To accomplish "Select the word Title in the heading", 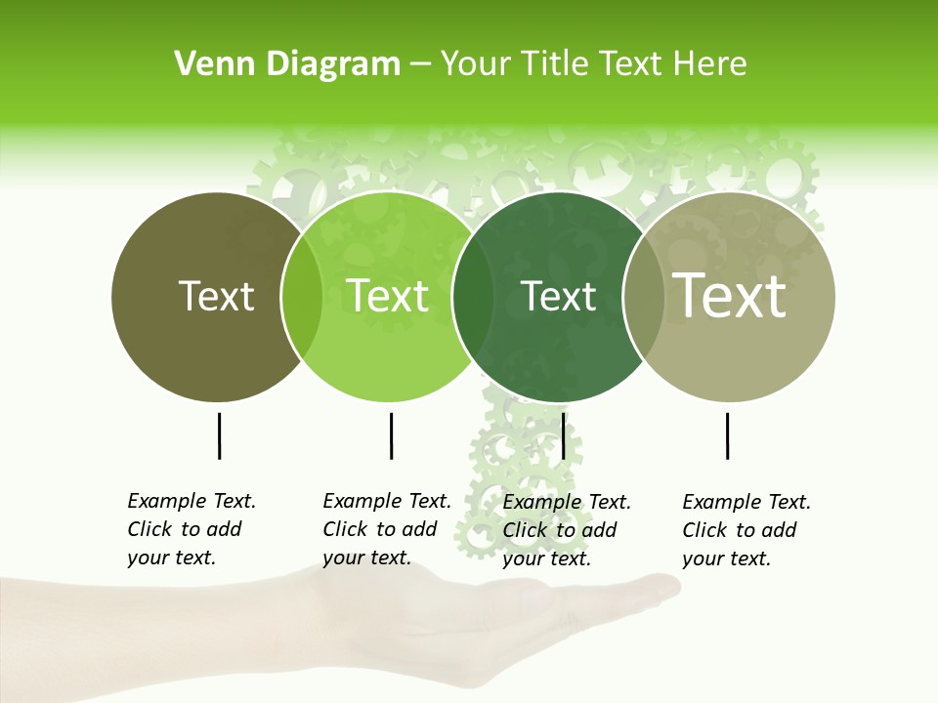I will coord(557,64).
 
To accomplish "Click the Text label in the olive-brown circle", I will coord(216,296).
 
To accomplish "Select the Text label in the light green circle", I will coord(387,296).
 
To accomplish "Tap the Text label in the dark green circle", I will coord(559,296).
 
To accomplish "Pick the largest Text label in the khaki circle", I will coord(730,295).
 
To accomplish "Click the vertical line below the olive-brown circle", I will coord(219,435).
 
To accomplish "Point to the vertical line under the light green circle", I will coord(391,435).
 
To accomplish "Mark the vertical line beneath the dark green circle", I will coord(564,435).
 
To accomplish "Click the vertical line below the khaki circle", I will coord(727,435).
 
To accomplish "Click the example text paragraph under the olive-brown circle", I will coord(191,529).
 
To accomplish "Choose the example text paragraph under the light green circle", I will coord(386,529).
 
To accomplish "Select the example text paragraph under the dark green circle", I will coord(566,530).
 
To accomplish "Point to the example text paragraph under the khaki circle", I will coord(746,530).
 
